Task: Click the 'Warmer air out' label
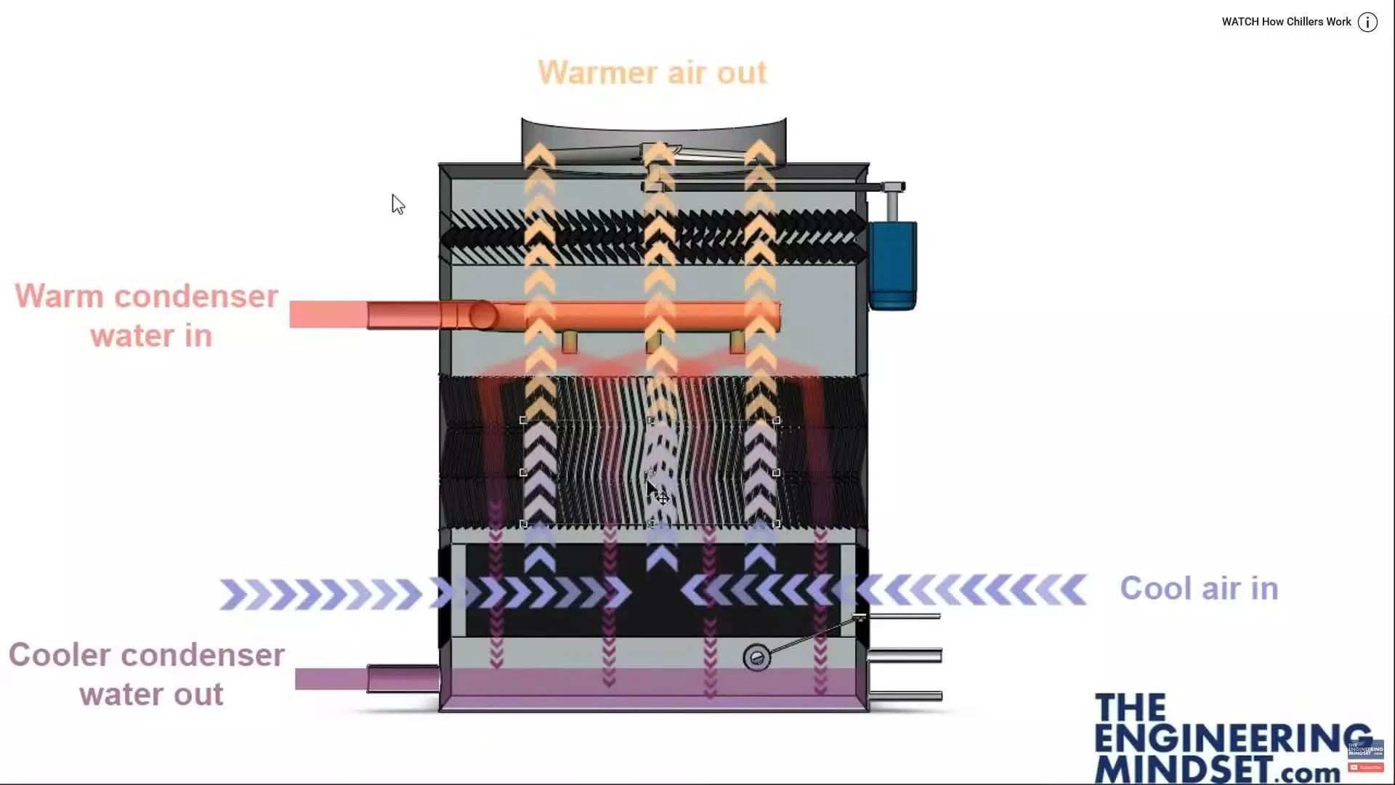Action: click(652, 73)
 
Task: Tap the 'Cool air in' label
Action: click(1198, 589)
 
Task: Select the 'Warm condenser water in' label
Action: click(147, 316)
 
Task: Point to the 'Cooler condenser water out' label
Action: click(147, 675)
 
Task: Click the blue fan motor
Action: click(893, 265)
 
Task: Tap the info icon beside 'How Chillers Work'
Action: click(1367, 23)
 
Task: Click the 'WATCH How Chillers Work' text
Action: click(1286, 22)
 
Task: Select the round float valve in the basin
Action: click(756, 658)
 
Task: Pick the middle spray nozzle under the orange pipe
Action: click(654, 342)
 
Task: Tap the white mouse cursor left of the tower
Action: click(397, 204)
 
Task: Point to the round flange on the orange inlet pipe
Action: click(482, 315)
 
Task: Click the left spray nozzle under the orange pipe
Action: click(570, 342)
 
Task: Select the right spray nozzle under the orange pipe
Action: click(737, 342)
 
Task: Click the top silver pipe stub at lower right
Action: click(905, 616)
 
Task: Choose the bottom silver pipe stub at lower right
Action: click(905, 696)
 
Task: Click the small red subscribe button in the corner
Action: click(1366, 768)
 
